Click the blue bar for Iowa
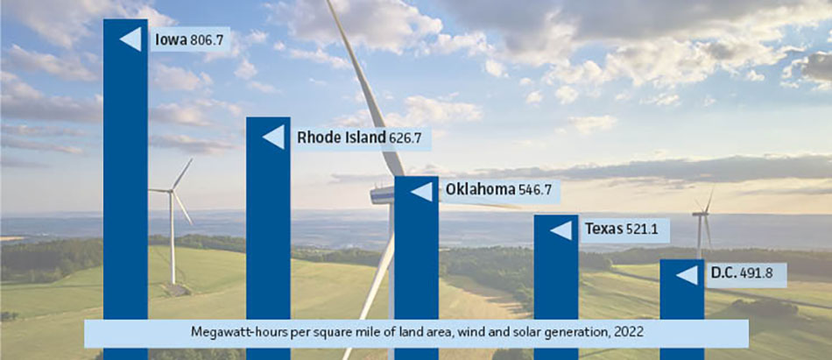(x=125, y=189)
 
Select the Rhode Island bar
(x=268, y=238)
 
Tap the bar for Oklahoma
(x=417, y=268)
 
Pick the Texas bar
(x=556, y=287)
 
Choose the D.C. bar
(x=682, y=309)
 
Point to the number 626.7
(x=405, y=138)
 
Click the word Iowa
(x=170, y=39)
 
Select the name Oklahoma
(x=480, y=189)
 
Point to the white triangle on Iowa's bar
(x=131, y=39)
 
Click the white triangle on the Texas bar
(x=562, y=230)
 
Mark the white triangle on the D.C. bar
(x=688, y=275)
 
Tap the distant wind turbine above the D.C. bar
(x=703, y=222)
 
